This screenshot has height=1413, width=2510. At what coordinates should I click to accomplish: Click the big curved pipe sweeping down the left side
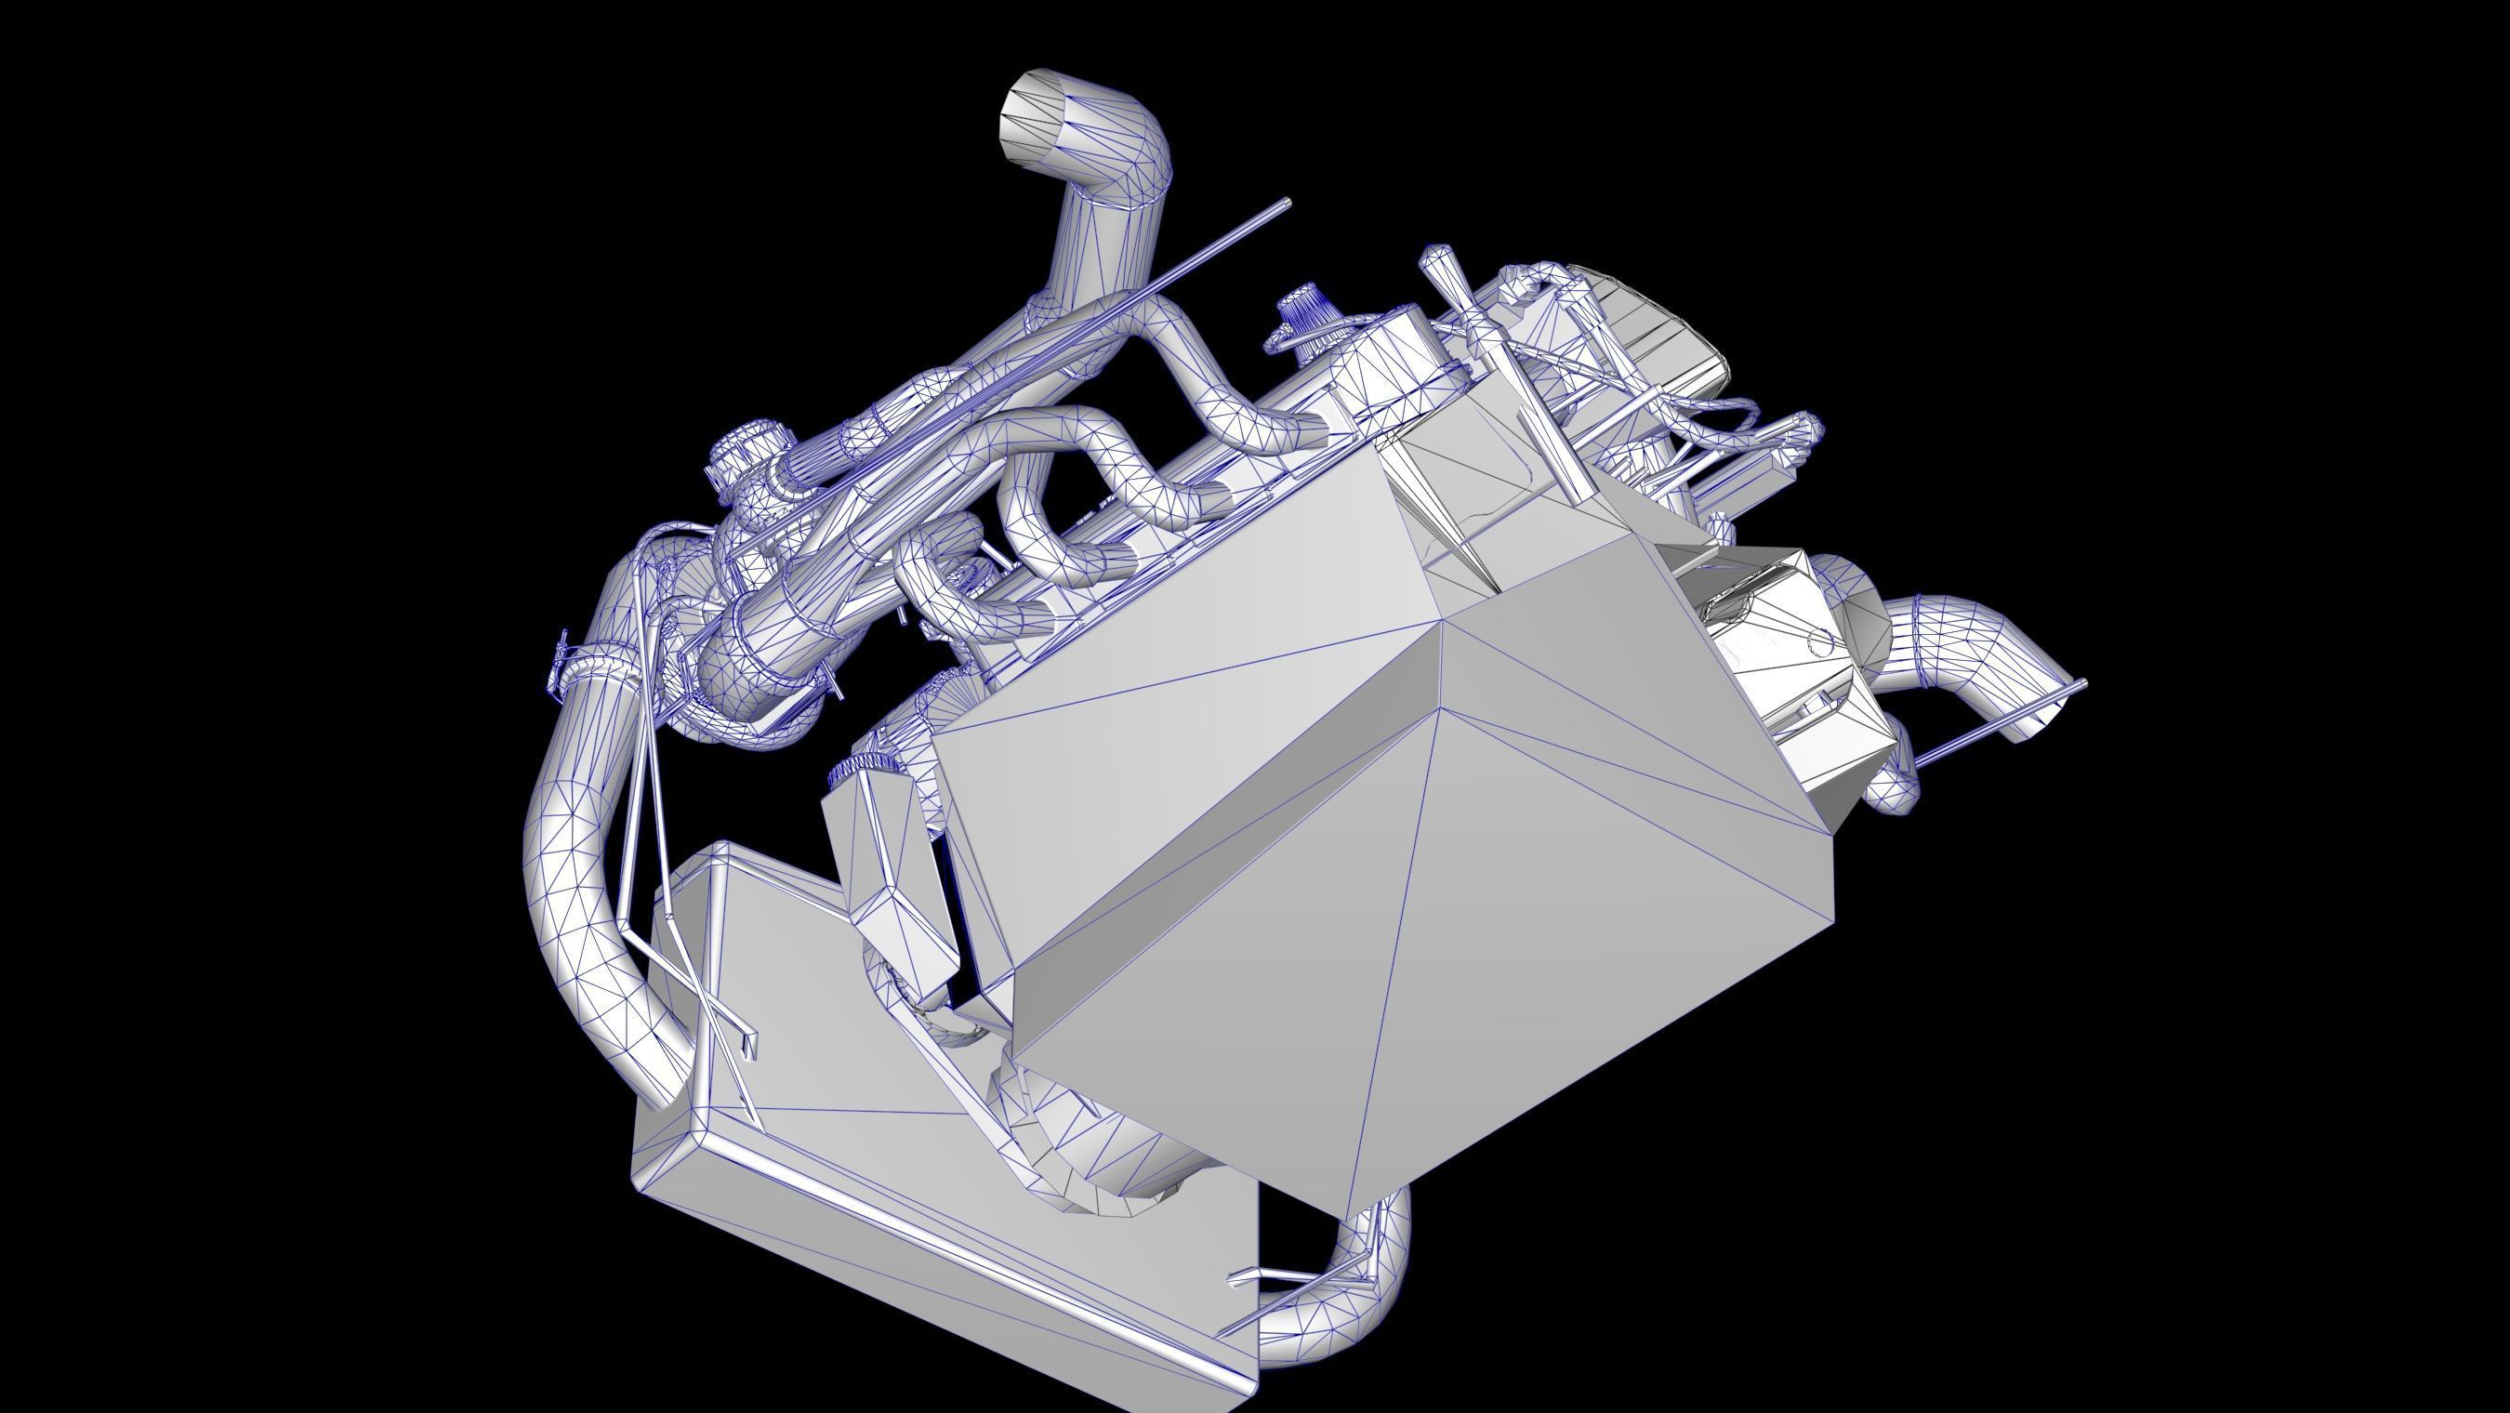(x=565, y=877)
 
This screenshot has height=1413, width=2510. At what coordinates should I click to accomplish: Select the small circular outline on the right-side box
(x=1819, y=640)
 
